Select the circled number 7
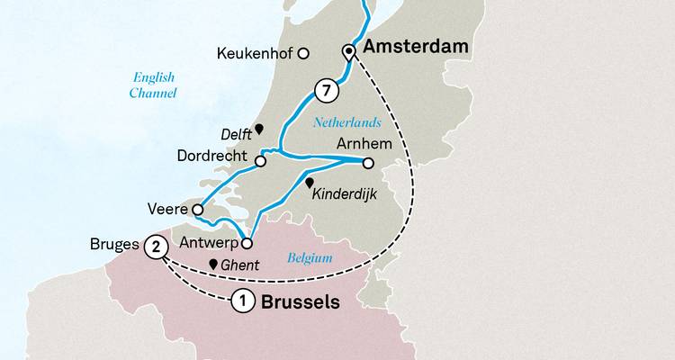327,90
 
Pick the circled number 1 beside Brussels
241,302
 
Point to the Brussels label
301,302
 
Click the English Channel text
151,85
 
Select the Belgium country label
310,258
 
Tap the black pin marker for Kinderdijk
310,182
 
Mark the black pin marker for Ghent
213,265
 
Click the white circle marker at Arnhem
368,163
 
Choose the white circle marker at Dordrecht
260,162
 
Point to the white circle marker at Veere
197,211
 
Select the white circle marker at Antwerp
247,242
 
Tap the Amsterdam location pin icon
349,54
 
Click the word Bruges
114,244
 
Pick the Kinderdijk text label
346,193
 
